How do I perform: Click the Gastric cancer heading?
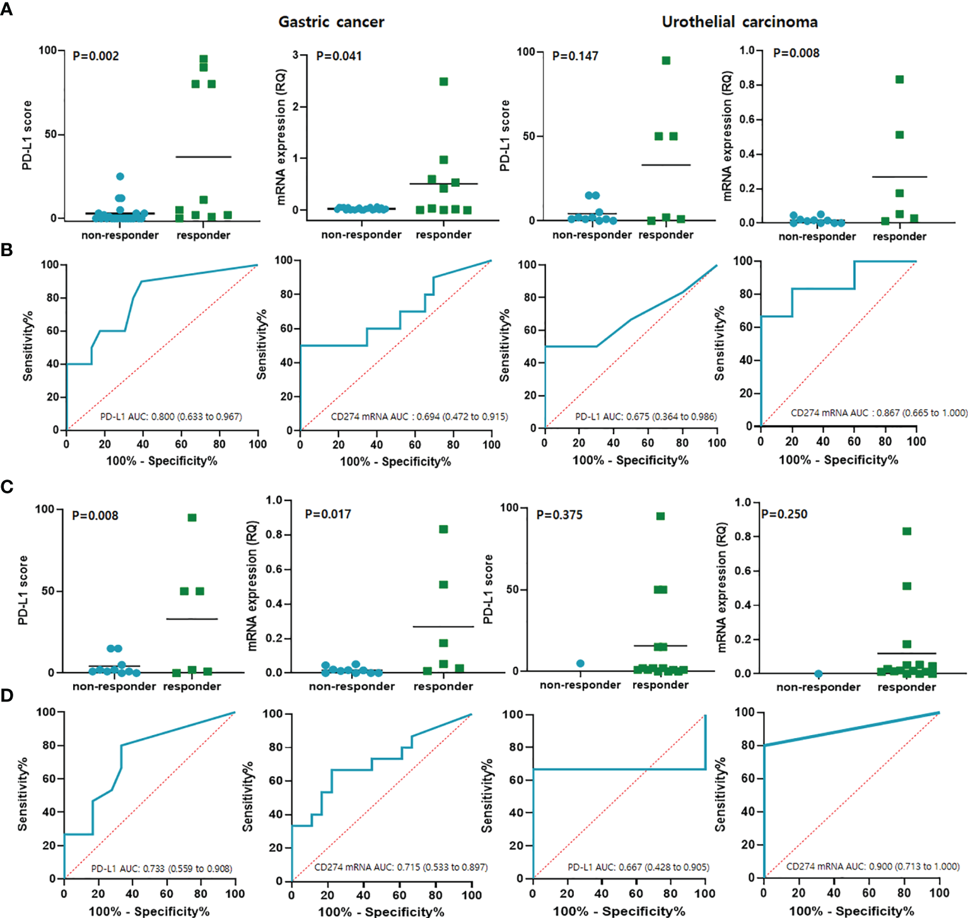331,22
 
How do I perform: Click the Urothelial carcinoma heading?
739,22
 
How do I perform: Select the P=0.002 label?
96,56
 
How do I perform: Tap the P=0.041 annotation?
339,56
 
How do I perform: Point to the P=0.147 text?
575,56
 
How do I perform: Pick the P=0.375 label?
559,515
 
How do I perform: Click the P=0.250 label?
784,514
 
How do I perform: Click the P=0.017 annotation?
328,514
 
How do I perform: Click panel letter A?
6,9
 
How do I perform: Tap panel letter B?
6,250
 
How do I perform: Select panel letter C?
6,487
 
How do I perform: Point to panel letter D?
6,695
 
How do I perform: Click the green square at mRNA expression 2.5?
444,81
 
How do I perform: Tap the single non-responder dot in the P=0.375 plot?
580,663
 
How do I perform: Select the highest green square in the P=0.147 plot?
666,61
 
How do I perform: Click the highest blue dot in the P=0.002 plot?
120,177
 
